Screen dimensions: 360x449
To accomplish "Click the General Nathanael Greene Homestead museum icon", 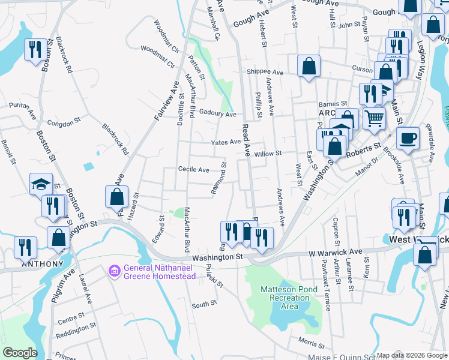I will tap(114, 272).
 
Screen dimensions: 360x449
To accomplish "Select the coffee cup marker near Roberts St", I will tap(409, 137).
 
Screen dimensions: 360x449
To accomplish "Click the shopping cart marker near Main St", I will tap(374, 119).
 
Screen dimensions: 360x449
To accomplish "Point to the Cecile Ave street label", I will tap(193, 170).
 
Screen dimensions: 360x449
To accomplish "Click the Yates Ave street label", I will tap(226, 142).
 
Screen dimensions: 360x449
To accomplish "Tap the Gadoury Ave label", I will tap(218, 113).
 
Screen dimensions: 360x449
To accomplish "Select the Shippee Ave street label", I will tap(264, 71).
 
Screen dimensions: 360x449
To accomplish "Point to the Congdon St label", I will tap(64, 122).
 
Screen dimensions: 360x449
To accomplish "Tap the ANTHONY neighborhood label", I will tap(42, 264).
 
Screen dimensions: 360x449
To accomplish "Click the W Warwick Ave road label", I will tap(336, 252).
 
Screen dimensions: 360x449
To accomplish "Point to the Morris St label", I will tap(311, 344).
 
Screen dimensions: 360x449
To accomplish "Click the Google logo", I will tap(20, 353).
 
